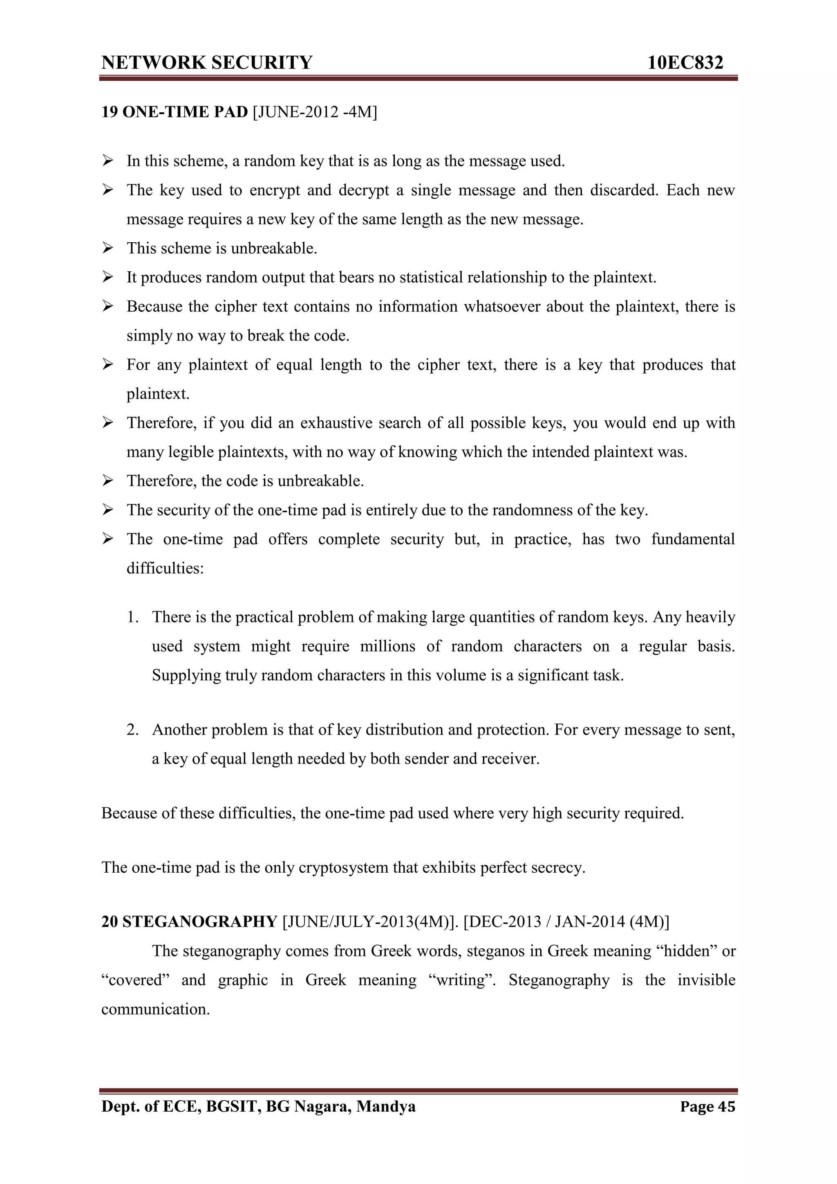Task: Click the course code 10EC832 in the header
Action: tap(685, 63)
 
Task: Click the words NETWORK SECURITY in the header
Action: tap(207, 63)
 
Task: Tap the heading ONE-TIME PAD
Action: tap(185, 112)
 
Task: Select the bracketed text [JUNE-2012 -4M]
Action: tap(315, 112)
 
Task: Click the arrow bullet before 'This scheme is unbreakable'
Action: tap(108, 248)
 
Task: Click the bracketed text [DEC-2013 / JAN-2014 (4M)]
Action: tap(566, 921)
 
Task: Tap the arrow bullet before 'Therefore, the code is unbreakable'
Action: tap(108, 481)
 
